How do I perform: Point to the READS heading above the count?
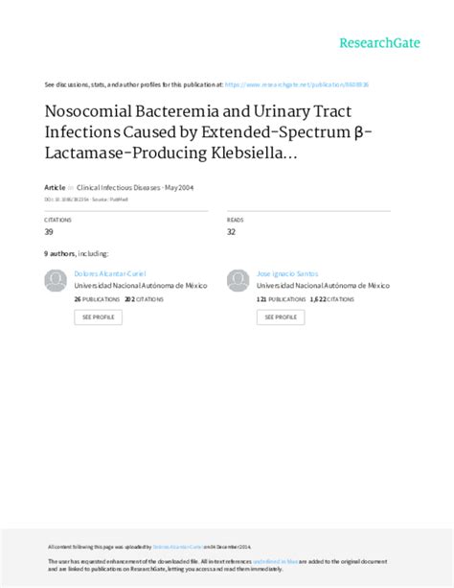(x=236, y=220)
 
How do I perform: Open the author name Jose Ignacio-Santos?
(x=289, y=273)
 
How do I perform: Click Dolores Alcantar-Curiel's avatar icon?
(x=57, y=280)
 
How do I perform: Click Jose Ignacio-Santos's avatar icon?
(x=238, y=280)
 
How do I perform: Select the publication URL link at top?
(x=311, y=84)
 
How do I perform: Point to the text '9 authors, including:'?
(x=70, y=255)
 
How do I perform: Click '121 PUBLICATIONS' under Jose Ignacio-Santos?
(x=280, y=298)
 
